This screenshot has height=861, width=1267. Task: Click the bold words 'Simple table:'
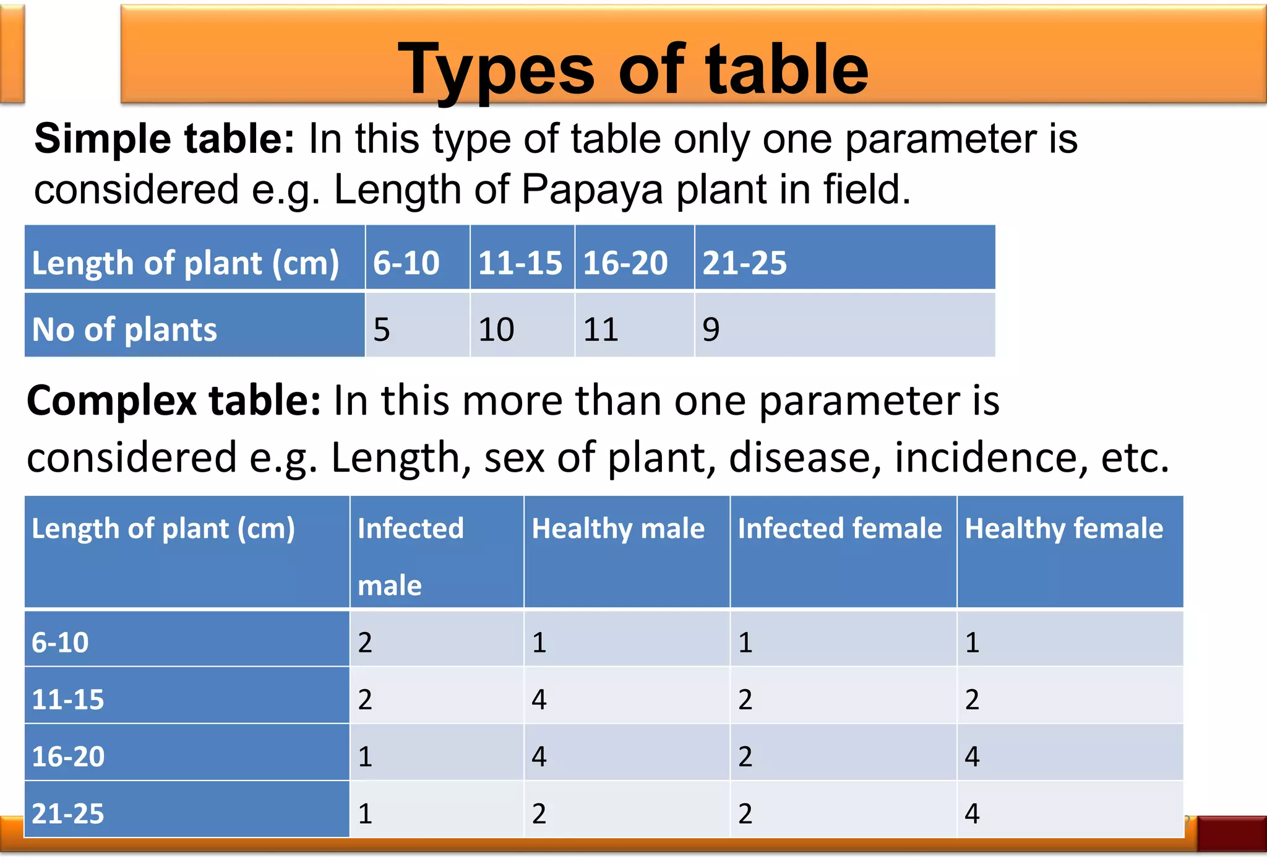pos(165,139)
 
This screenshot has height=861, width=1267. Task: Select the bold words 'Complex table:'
pos(174,400)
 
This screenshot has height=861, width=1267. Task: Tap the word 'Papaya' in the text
pos(593,189)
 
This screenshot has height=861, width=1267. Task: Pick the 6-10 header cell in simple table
pos(406,262)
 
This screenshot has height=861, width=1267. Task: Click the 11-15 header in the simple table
pos(520,262)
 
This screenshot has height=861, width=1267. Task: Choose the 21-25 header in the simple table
pos(745,262)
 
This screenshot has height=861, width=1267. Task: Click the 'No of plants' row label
pos(124,329)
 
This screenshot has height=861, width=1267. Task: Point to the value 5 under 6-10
pos(382,329)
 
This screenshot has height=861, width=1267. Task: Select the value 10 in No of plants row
pos(496,329)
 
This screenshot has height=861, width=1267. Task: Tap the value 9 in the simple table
pos(711,329)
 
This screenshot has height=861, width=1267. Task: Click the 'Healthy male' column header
pos(618,529)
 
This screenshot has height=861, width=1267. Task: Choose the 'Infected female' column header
pos(840,529)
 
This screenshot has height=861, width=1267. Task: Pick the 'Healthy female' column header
pos(1064,529)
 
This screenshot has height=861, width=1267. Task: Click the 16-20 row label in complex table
pos(68,756)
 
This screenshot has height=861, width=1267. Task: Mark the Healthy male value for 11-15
pos(539,699)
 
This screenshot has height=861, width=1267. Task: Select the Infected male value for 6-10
pos(365,643)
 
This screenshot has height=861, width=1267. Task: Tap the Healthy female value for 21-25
pos(972,813)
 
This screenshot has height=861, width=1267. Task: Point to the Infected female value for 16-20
pos(745,756)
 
